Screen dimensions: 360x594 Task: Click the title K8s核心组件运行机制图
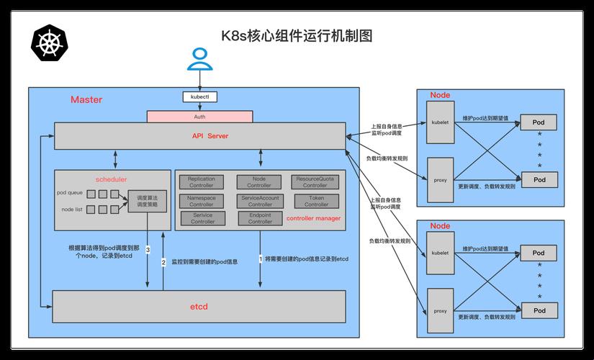[x=296, y=36]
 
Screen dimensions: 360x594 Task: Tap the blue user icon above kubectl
[x=199, y=60]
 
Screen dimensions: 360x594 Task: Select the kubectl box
[x=199, y=96]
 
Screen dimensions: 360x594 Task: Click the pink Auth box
[x=199, y=116]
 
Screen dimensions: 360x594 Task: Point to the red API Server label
[x=210, y=135]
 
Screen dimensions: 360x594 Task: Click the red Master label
[x=86, y=100]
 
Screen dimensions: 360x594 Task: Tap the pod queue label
[x=71, y=193]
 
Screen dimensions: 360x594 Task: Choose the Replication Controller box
[x=202, y=182]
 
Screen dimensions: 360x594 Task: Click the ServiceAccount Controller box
[x=260, y=201]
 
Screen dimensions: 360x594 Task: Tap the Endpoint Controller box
[x=260, y=218]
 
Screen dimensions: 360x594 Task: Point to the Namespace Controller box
[x=202, y=201]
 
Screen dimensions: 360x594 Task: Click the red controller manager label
[x=313, y=218]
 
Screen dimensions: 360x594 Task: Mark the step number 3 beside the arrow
[x=148, y=250]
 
